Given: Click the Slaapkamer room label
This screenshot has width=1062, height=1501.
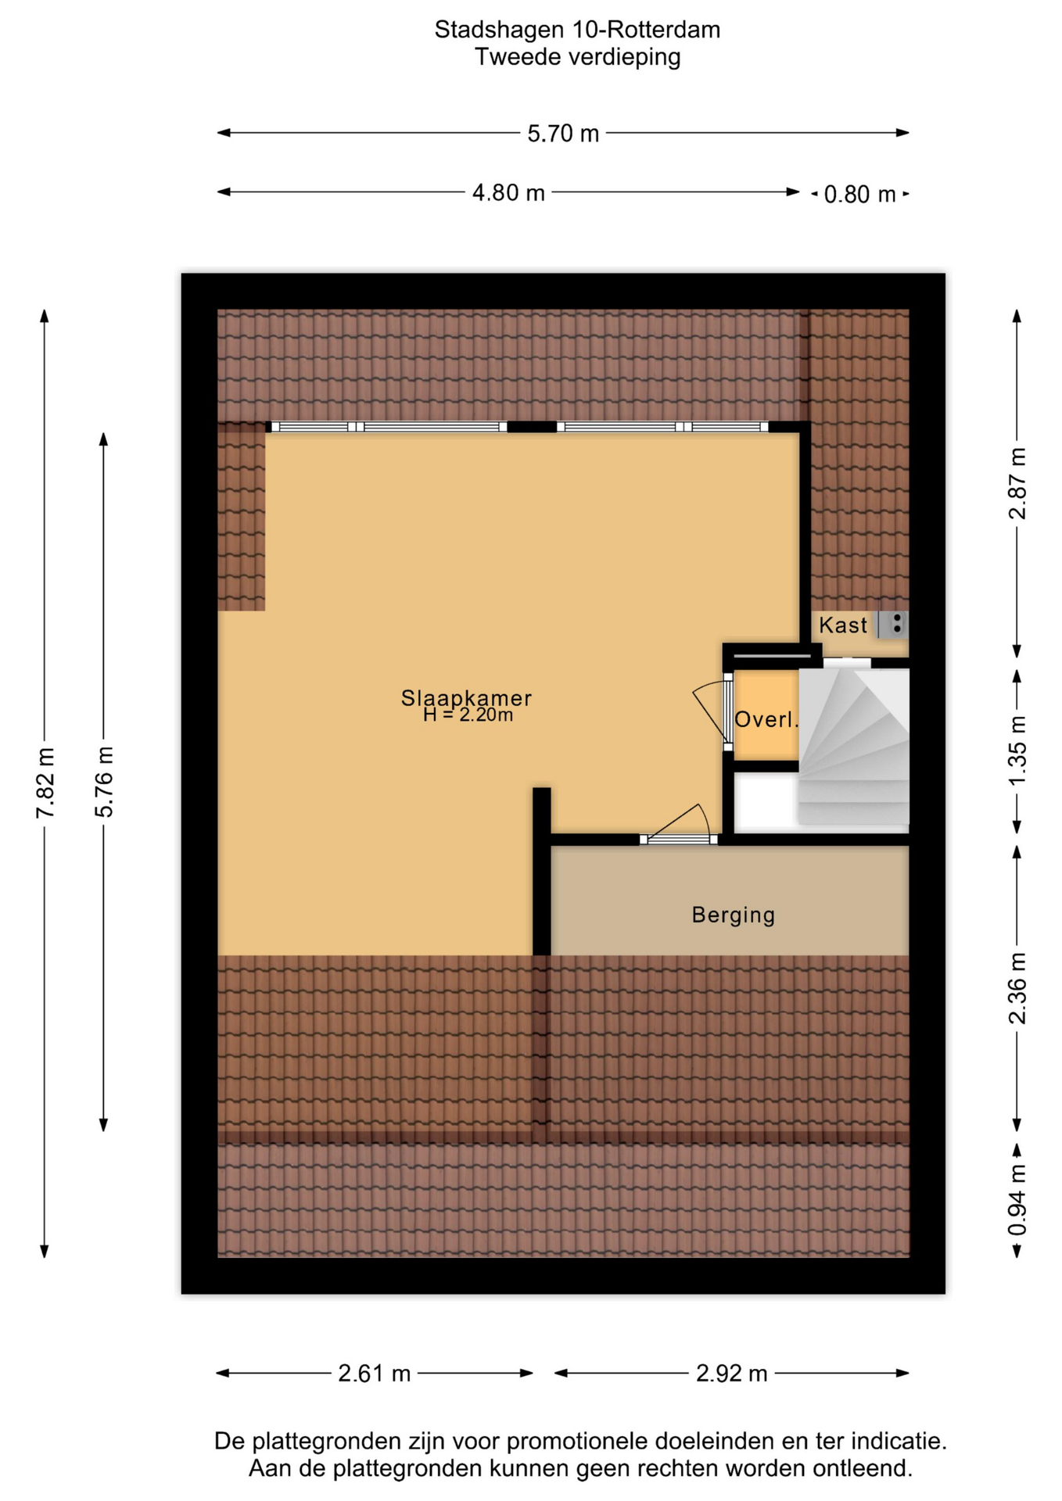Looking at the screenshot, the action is point(466,697).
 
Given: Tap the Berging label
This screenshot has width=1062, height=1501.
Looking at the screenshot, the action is point(734,915).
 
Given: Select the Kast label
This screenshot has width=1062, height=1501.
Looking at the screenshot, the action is point(843,625).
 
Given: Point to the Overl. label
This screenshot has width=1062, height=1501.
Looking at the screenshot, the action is point(766,719).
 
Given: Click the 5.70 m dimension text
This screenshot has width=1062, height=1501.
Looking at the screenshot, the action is point(563,134).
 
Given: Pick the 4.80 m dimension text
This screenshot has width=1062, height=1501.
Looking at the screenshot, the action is point(508,193).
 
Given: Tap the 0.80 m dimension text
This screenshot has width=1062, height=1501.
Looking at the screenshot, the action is point(859,194).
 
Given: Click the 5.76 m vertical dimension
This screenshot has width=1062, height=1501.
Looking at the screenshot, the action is point(104,782).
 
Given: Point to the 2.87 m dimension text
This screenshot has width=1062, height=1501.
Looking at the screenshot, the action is point(1017,484).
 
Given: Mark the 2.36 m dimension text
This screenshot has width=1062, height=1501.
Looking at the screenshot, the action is point(1017,988).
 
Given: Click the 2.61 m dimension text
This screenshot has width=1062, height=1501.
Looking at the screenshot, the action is point(375,1374).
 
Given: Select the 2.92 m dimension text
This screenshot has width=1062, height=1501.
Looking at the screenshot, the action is point(732,1374).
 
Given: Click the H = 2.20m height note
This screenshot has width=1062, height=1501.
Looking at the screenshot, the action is point(468,715).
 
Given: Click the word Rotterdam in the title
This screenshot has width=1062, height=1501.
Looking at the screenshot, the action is point(664,30).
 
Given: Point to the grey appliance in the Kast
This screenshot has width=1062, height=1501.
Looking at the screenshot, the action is point(893,624).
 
